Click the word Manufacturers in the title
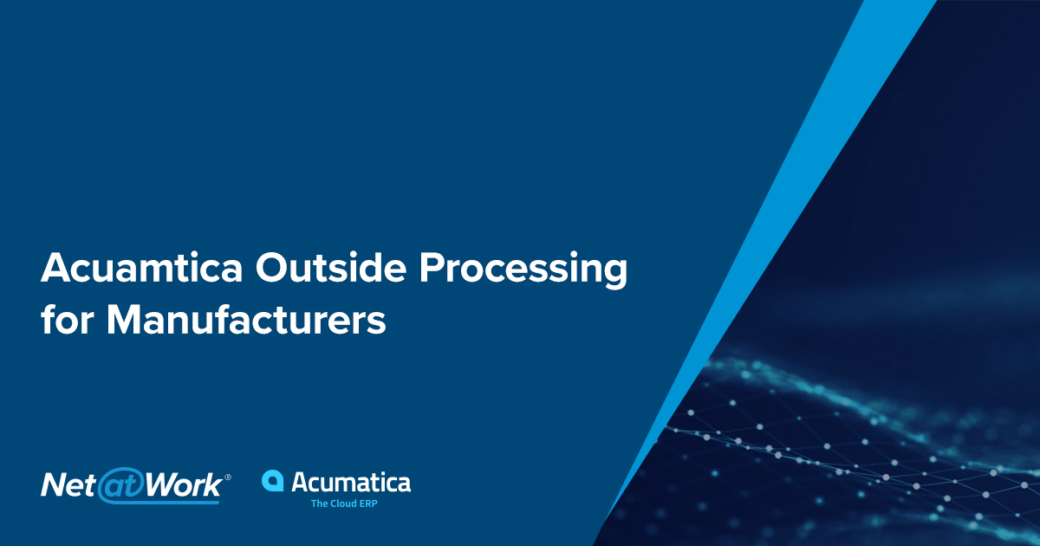(x=246, y=320)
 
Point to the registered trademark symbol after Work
(x=228, y=477)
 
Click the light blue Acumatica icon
(x=273, y=482)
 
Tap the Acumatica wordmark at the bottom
(x=351, y=482)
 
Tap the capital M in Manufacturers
(x=124, y=320)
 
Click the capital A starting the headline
(x=55, y=270)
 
